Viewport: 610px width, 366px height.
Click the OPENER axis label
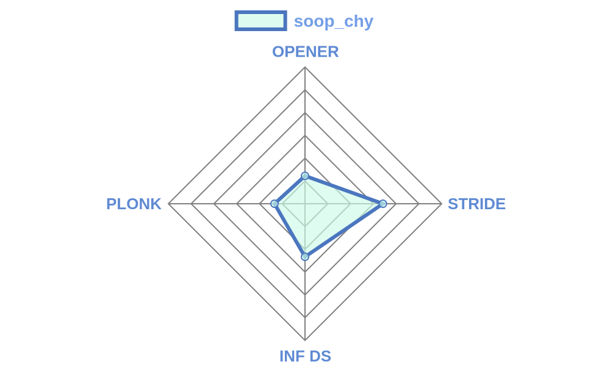click(306, 52)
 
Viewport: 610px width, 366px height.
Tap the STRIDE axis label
click(476, 204)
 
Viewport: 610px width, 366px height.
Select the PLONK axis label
click(134, 204)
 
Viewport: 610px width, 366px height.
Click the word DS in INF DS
click(321, 356)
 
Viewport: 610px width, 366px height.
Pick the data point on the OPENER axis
click(305, 176)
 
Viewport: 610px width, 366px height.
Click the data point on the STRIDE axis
click(383, 203)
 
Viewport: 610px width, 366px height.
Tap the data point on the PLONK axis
click(274, 203)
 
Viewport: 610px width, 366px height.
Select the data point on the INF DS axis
click(305, 257)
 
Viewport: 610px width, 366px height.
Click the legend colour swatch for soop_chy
click(260, 21)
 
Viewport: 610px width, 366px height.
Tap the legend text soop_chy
click(334, 21)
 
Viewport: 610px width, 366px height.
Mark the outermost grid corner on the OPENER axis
click(305, 67)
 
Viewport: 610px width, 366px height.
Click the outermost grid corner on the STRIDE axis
click(442, 203)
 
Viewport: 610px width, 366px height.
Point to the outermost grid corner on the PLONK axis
click(168, 203)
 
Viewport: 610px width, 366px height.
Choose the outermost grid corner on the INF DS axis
click(305, 340)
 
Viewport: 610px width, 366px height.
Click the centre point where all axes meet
click(305, 203)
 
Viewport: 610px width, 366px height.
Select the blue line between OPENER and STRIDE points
click(344, 190)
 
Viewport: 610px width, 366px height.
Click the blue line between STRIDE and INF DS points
click(344, 230)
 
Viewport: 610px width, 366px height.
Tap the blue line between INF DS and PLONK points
click(290, 230)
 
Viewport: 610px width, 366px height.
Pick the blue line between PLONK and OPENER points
click(290, 190)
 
